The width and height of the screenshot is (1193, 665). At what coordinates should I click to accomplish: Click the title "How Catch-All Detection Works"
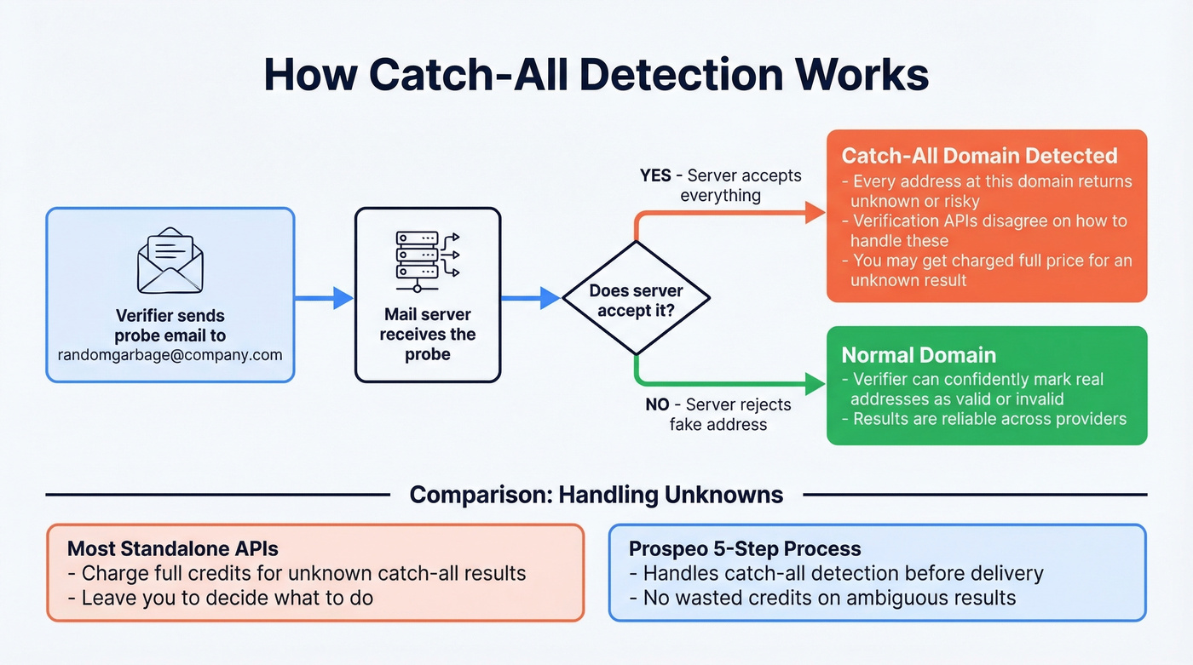click(596, 75)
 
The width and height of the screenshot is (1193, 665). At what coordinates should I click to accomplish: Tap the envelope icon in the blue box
click(170, 259)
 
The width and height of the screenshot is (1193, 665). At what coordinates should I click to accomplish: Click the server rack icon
click(427, 255)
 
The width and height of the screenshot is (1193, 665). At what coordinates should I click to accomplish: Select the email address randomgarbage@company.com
click(170, 355)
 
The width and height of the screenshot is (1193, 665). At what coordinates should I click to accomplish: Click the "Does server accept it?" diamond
click(636, 299)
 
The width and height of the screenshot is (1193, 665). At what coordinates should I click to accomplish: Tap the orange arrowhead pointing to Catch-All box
click(816, 214)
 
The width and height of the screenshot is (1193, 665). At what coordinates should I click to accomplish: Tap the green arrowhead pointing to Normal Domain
click(816, 384)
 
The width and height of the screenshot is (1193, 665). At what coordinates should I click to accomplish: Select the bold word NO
click(657, 405)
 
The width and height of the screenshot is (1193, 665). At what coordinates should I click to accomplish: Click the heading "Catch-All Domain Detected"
click(979, 156)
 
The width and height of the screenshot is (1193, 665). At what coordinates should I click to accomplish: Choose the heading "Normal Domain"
click(919, 355)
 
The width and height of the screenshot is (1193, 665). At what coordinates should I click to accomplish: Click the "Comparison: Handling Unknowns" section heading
click(596, 495)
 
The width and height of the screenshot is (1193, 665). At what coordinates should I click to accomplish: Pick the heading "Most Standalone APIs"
click(172, 547)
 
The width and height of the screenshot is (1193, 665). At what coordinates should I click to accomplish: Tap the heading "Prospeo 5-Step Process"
click(745, 548)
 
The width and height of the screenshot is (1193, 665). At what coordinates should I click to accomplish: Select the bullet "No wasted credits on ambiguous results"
click(823, 598)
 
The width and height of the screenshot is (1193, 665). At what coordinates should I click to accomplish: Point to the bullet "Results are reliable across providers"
click(984, 419)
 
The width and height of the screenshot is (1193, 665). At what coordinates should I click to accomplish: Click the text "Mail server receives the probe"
click(427, 335)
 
